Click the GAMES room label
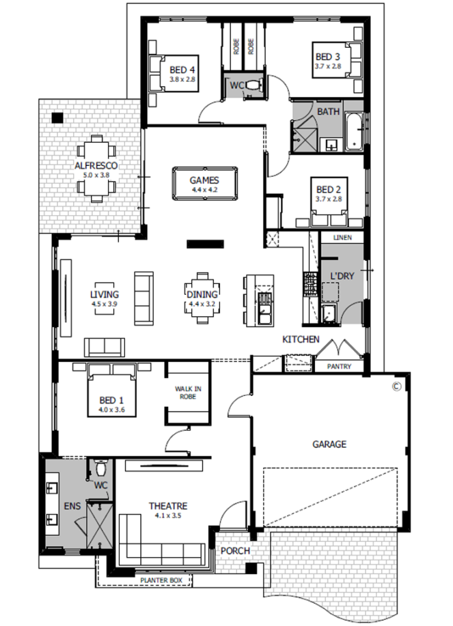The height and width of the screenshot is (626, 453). [x=204, y=180]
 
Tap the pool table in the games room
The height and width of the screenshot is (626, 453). [x=204, y=183]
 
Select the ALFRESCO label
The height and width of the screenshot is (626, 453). [x=96, y=165]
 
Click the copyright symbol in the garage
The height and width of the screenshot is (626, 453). [x=396, y=386]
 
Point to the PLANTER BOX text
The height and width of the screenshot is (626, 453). [x=161, y=580]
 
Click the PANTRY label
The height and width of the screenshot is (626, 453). [x=339, y=366]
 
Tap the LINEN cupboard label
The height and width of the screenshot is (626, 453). [x=342, y=238]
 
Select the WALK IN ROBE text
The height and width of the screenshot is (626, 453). [x=188, y=393]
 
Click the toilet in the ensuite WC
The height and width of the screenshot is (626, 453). [x=100, y=467]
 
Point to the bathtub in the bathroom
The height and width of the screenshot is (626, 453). [x=353, y=131]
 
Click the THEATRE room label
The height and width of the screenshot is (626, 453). [x=168, y=506]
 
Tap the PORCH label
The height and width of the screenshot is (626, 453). [x=235, y=550]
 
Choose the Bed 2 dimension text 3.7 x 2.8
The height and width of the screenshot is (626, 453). [x=328, y=199]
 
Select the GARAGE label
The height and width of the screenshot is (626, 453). [x=329, y=444]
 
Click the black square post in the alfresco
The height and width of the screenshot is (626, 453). [x=57, y=118]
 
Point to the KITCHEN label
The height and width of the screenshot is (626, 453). [x=301, y=339]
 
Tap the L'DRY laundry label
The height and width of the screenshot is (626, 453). [x=342, y=276]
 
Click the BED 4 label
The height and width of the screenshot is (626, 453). [x=182, y=70]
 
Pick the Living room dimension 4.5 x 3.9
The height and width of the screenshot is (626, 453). [x=105, y=303]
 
